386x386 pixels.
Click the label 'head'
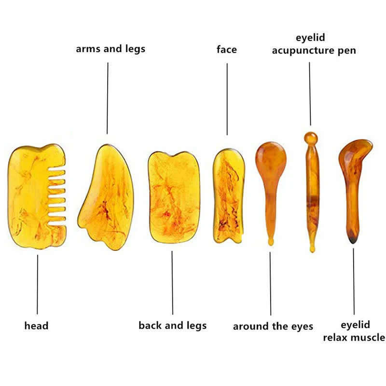[x=37, y=326]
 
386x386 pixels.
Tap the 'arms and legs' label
[x=110, y=49]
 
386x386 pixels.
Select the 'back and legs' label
[x=173, y=326]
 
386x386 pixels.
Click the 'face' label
[x=227, y=50]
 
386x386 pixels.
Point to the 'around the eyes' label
[x=273, y=327]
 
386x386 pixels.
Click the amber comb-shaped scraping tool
[x=37, y=196]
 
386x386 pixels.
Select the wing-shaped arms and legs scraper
[x=106, y=197]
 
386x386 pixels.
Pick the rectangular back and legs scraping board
[x=174, y=197]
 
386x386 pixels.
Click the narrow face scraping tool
[x=229, y=196]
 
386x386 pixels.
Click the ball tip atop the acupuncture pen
[x=311, y=138]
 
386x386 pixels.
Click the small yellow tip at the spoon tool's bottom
[x=271, y=242]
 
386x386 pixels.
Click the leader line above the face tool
[x=227, y=99]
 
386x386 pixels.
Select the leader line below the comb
[x=38, y=284]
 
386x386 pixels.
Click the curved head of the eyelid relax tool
[x=356, y=154]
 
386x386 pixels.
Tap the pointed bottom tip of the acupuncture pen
[x=312, y=249]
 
